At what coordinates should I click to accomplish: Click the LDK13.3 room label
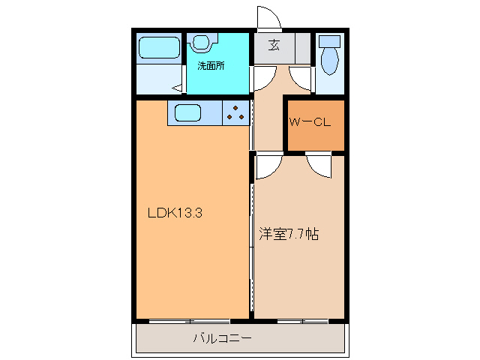[x=175, y=212]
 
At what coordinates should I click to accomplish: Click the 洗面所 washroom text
[x=210, y=65]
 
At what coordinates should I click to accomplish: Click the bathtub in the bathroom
[x=158, y=48]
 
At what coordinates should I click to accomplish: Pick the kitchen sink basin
[x=187, y=114]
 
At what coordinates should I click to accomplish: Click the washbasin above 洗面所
[x=202, y=43]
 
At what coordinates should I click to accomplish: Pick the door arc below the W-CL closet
[x=319, y=165]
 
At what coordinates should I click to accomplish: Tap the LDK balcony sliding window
[x=193, y=320]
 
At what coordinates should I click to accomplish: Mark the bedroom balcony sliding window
[x=301, y=320]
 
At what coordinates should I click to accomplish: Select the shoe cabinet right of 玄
[x=302, y=47]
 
